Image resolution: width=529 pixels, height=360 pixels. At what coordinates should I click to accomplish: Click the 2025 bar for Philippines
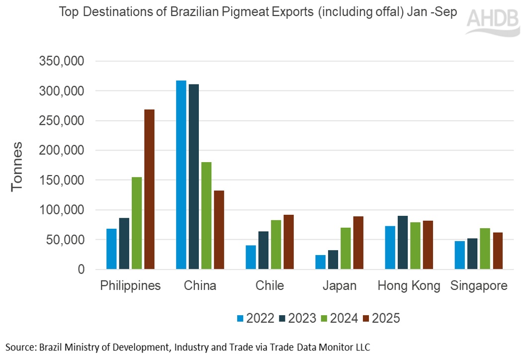click(149, 189)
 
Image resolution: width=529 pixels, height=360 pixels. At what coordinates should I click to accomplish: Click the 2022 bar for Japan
click(320, 262)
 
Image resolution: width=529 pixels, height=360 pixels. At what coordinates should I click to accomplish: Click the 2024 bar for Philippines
click(137, 223)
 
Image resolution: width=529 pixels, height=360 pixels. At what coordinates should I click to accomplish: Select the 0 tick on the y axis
click(80, 270)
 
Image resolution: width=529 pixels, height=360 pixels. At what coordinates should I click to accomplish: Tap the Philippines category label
click(130, 286)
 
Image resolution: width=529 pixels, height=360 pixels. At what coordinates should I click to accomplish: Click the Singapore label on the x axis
click(479, 286)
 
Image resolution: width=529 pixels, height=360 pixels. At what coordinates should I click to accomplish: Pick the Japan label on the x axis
click(340, 286)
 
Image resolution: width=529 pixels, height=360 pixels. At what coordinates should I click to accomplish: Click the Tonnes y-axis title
click(17, 166)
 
